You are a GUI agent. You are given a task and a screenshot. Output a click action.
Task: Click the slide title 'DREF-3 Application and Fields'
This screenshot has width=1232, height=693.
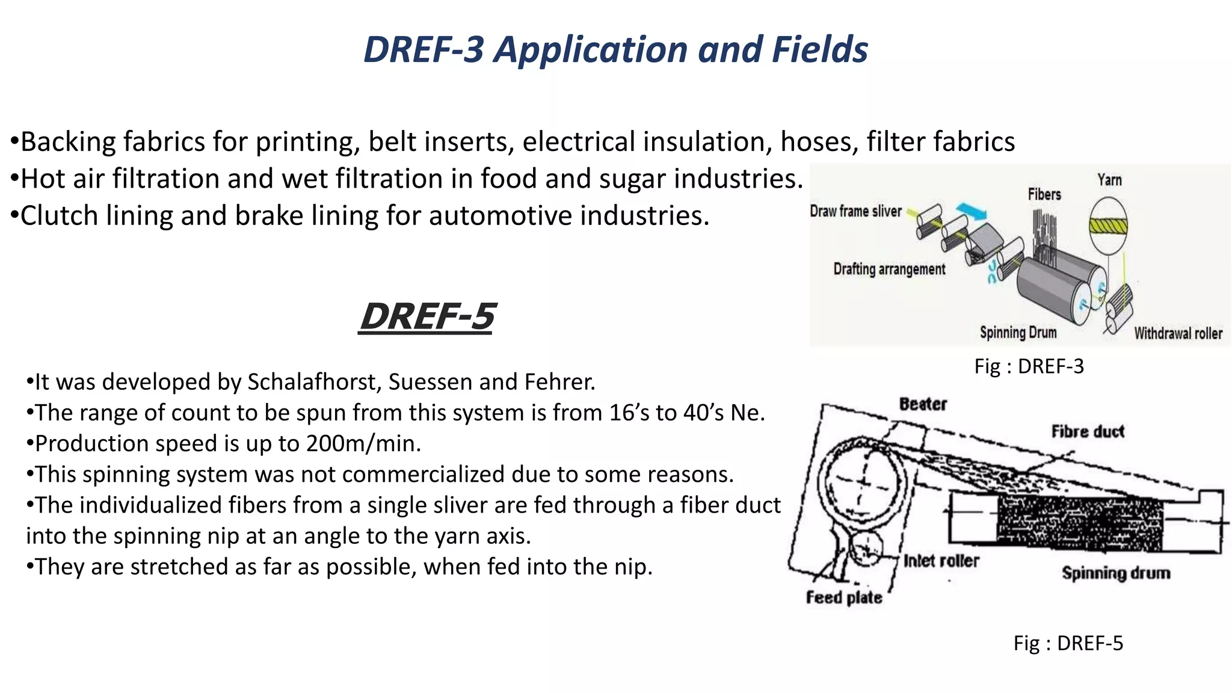click(x=615, y=49)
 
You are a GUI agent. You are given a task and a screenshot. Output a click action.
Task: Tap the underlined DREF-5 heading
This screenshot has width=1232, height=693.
click(x=427, y=316)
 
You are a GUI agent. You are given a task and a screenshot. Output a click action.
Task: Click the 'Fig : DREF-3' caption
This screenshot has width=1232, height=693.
click(x=1029, y=366)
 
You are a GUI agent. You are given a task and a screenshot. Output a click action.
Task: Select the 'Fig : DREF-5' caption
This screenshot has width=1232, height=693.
click(x=1068, y=643)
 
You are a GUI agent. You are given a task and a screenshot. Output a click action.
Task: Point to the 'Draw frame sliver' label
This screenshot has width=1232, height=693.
click(x=855, y=211)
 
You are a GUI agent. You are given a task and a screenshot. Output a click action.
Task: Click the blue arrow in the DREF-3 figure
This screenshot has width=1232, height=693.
click(x=971, y=211)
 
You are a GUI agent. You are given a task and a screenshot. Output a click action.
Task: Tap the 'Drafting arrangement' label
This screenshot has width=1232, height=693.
click(x=889, y=269)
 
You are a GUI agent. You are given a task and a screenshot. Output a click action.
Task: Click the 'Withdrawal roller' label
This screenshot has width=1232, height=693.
click(x=1178, y=333)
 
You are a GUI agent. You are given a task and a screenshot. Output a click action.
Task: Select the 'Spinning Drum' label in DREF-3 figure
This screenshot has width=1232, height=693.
click(x=1018, y=332)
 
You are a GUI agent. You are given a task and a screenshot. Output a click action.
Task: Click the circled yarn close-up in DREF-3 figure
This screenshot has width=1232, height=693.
click(x=1108, y=226)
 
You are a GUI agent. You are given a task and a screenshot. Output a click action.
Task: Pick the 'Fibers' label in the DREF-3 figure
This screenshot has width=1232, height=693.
click(x=1044, y=194)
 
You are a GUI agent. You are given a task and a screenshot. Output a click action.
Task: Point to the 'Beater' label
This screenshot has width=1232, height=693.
click(x=923, y=404)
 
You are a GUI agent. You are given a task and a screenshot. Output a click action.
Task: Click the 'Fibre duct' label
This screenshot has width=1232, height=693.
click(x=1088, y=431)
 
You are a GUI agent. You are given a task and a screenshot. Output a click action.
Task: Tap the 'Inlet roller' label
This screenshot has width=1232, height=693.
click(x=941, y=561)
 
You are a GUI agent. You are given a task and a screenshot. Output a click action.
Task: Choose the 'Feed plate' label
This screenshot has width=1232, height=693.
click(x=844, y=597)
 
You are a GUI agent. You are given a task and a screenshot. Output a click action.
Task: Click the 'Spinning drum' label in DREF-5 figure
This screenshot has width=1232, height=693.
click(x=1116, y=573)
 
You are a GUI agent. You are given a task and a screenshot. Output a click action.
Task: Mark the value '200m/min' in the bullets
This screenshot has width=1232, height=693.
click(x=363, y=443)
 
